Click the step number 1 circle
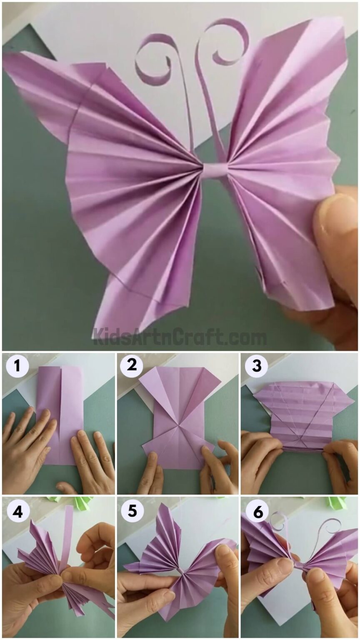coord(17,367)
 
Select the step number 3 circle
coord(256,367)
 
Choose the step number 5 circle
coord(132,511)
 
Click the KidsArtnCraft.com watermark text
coord(180,337)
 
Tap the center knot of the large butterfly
coord(215,170)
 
